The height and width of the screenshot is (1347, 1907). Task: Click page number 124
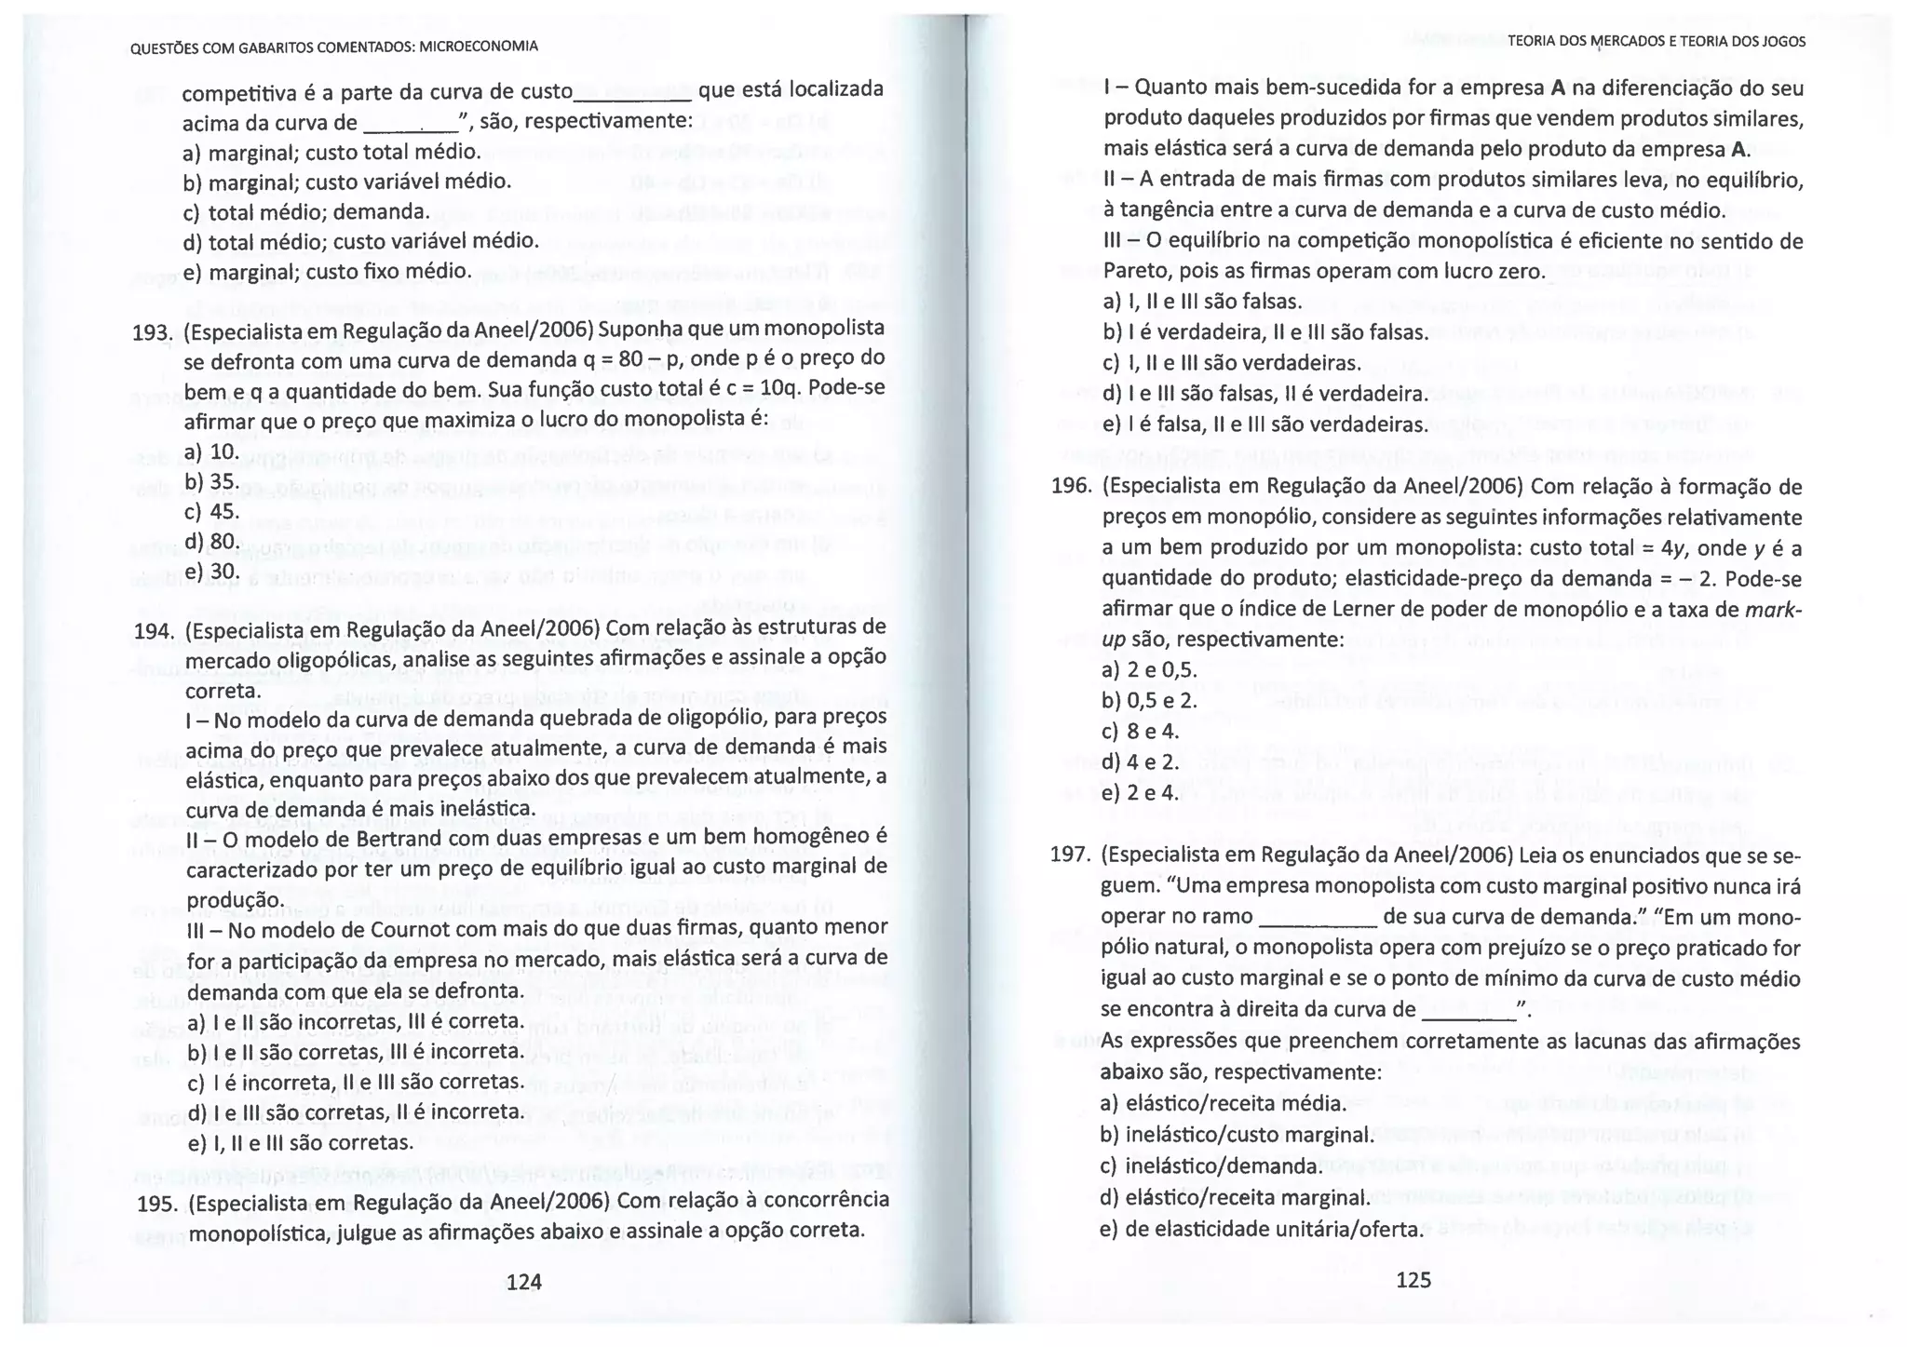click(523, 1282)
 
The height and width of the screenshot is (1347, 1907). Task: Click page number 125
click(1413, 1280)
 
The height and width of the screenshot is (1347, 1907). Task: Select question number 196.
click(1072, 487)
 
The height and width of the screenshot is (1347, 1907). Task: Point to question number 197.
click(1071, 855)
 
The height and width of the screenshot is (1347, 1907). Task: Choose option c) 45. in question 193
click(212, 511)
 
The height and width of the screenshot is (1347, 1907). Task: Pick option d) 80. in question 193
click(212, 541)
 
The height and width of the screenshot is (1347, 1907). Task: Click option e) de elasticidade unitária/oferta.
click(1261, 1229)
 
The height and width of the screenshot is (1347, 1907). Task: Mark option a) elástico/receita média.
click(1224, 1104)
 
